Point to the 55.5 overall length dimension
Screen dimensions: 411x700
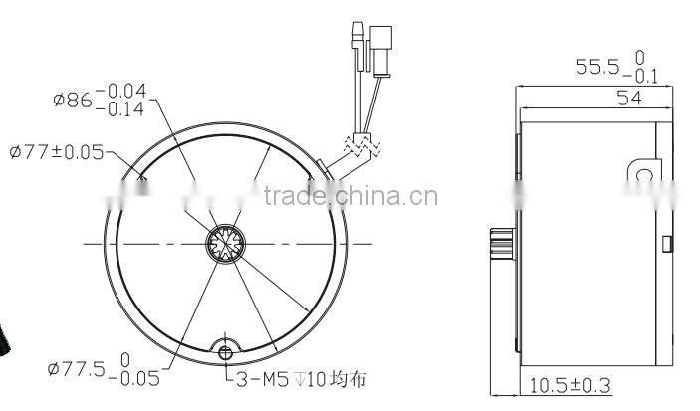(596, 67)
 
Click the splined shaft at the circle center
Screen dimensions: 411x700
(226, 244)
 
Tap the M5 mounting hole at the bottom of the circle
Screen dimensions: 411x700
(225, 349)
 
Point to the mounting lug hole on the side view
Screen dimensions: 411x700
(643, 176)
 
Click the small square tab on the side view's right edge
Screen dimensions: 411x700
(667, 242)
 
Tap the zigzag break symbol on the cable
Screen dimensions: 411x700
(361, 145)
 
